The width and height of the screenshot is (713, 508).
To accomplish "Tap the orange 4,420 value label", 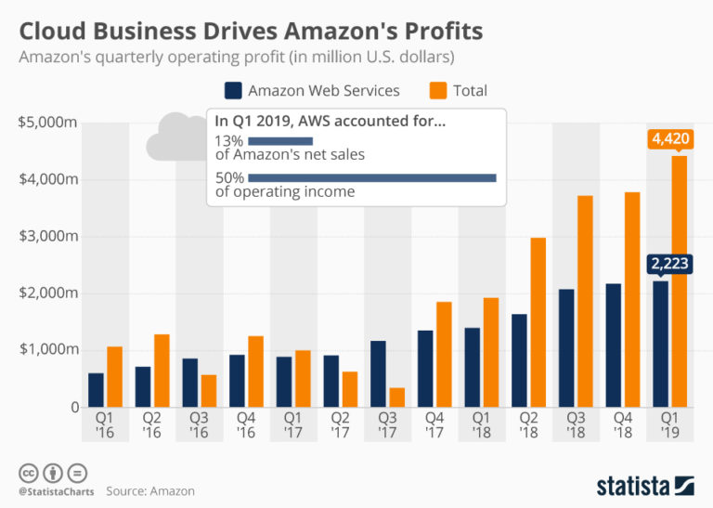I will tap(670, 140).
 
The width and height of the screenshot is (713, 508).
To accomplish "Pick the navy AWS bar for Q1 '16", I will tap(97, 389).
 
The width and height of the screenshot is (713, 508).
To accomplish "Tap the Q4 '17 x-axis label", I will tap(433, 425).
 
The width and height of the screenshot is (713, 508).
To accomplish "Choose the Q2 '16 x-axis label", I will tap(152, 425).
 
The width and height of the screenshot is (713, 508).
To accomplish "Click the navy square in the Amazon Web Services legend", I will tap(233, 90).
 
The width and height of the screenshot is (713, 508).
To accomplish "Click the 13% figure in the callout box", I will tap(228, 140).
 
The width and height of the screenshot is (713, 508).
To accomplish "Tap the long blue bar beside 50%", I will tap(372, 177).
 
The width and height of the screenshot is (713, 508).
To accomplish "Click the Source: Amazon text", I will tap(150, 490).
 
